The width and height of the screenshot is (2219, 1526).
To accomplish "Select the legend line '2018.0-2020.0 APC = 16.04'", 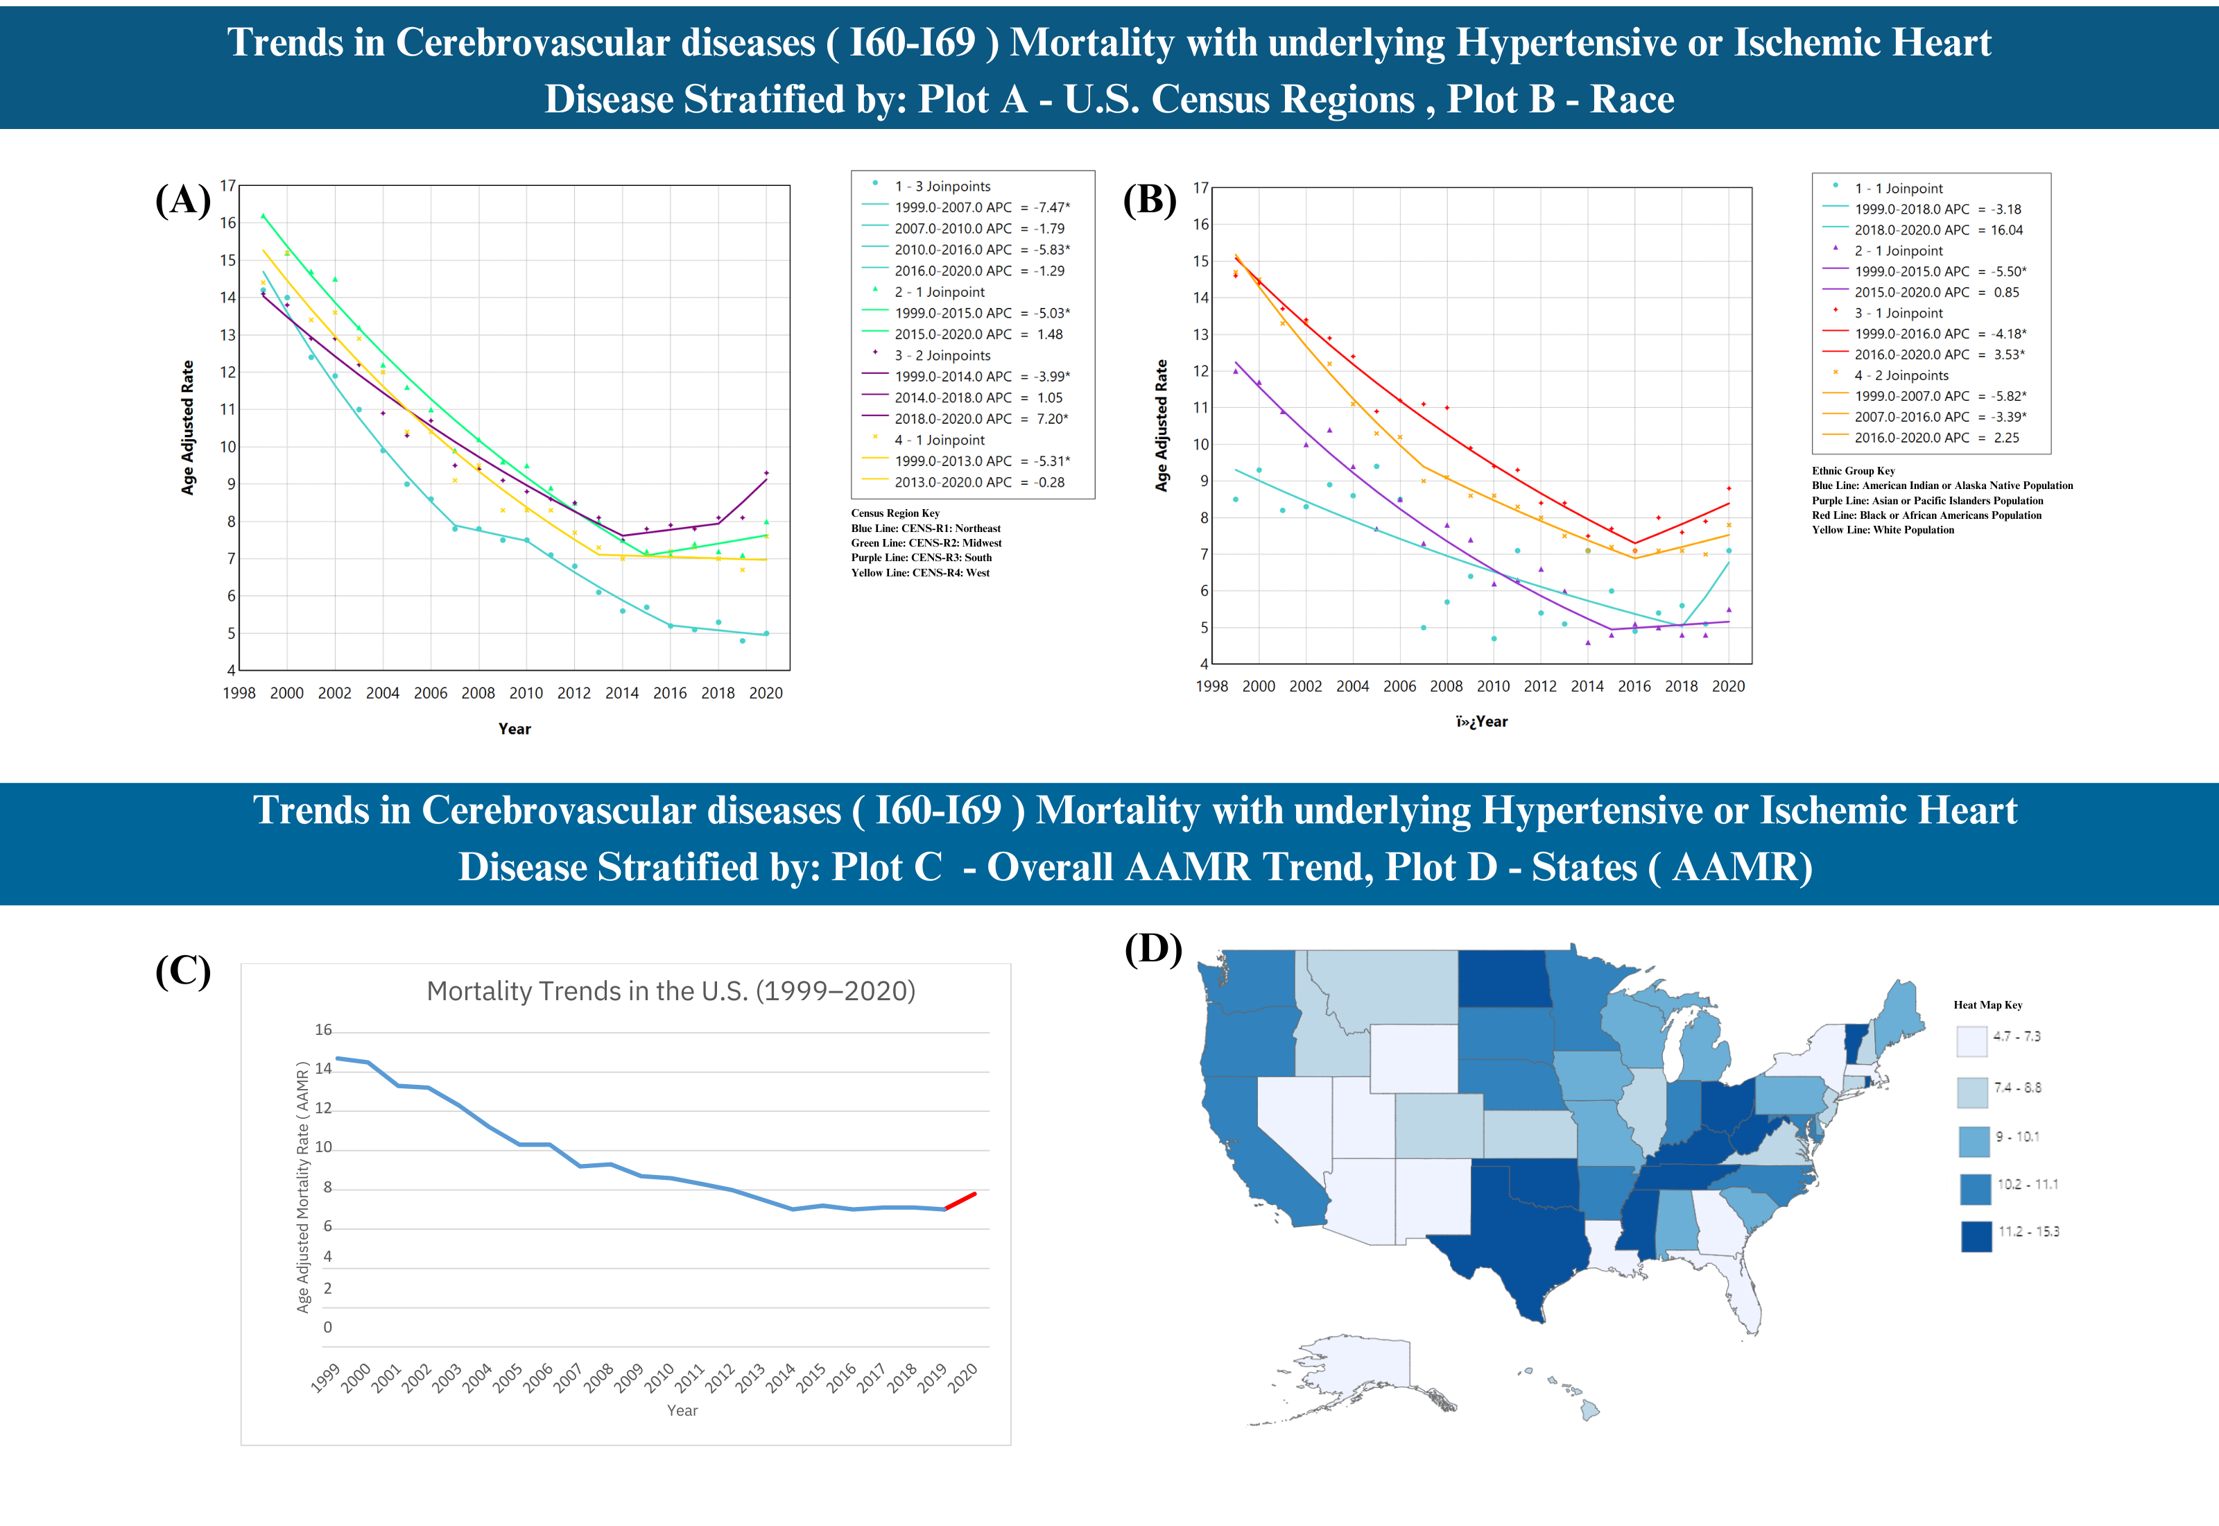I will (1937, 230).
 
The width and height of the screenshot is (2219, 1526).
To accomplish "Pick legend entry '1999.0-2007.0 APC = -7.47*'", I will (981, 207).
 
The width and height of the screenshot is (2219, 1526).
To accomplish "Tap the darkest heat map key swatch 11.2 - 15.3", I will (1976, 1235).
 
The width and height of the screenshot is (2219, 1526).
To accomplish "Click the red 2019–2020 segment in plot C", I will (960, 1201).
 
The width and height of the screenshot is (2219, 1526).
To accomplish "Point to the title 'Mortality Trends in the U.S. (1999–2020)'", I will (671, 991).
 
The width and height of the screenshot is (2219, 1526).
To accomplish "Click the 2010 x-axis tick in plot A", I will (526, 693).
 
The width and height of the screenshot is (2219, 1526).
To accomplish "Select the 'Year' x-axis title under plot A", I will (514, 728).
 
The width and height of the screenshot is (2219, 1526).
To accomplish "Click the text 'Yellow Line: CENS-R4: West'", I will (919, 573).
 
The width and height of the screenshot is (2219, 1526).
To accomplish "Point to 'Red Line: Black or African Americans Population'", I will (1926, 515).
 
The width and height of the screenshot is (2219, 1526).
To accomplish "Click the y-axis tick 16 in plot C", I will (324, 1030).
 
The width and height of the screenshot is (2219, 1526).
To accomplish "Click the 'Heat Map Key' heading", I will (1987, 1005).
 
